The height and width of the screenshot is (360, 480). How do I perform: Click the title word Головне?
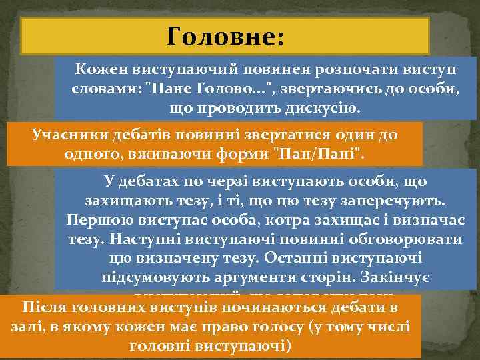tap(226, 37)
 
